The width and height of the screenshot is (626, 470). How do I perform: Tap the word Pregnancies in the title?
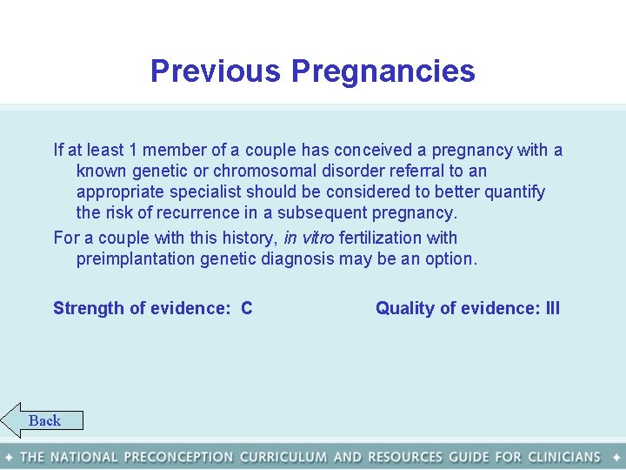coord(383,71)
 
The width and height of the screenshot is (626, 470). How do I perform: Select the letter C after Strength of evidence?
coord(247,308)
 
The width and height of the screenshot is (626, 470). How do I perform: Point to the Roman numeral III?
coord(551,308)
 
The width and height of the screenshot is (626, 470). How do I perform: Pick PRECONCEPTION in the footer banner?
coord(178,457)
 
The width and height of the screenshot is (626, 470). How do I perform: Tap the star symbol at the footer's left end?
coord(9,457)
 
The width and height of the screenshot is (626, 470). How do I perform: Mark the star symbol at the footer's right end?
coord(616,457)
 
